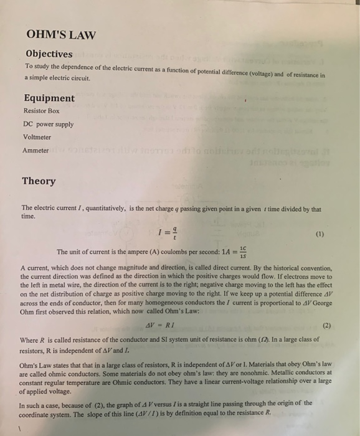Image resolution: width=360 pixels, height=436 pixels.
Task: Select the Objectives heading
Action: click(x=49, y=54)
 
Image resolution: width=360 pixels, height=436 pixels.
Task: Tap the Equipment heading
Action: click(x=49, y=98)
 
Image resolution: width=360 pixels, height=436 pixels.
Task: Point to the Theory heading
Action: click(x=39, y=181)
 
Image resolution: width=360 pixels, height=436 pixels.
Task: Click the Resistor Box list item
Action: click(x=42, y=111)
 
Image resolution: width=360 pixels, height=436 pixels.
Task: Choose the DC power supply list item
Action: click(x=48, y=124)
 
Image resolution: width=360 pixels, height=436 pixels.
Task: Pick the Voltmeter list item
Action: click(x=37, y=137)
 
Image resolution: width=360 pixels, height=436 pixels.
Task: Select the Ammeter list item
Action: click(x=36, y=151)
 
